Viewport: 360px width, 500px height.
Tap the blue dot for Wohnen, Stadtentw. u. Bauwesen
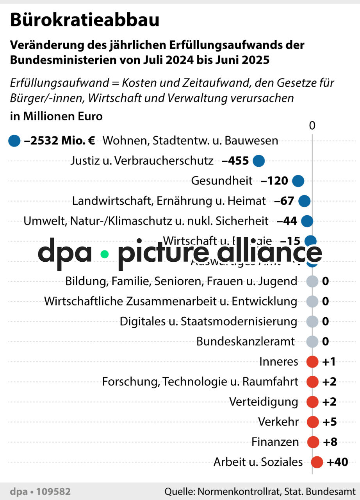point(14,141)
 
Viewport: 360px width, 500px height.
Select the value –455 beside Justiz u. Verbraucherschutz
point(235,161)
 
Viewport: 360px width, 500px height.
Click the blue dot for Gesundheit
point(298,181)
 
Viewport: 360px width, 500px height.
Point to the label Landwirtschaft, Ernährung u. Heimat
point(169,201)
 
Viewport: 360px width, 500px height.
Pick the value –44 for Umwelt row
point(287,221)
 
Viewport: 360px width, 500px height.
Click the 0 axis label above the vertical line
point(312,126)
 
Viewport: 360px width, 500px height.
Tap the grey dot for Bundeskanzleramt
point(312,342)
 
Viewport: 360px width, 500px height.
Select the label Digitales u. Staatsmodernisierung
point(208,321)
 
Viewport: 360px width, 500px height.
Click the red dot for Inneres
point(312,362)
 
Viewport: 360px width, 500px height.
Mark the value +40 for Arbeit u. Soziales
point(337,462)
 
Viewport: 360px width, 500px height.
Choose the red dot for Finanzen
point(313,442)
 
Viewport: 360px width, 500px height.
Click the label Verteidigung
point(263,402)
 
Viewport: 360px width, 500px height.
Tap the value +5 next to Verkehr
point(330,422)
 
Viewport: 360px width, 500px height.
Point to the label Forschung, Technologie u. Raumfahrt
point(200,382)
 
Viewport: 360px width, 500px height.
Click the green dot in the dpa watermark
point(104,254)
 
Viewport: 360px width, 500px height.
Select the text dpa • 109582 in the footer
point(40,491)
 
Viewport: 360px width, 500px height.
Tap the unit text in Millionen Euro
point(56,116)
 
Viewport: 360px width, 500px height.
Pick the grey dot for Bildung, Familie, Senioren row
point(312,281)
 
